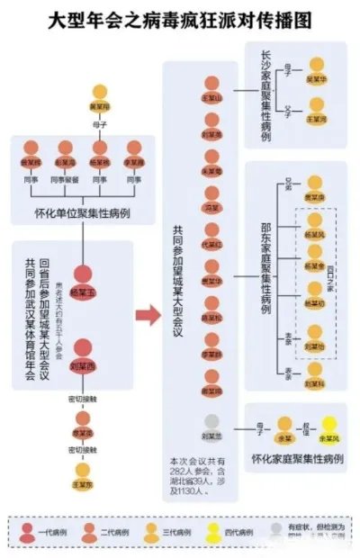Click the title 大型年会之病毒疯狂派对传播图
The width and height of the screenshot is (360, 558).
point(180,20)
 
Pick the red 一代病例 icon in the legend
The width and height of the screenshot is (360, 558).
point(32,532)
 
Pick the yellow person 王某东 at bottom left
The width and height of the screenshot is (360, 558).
point(83,472)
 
